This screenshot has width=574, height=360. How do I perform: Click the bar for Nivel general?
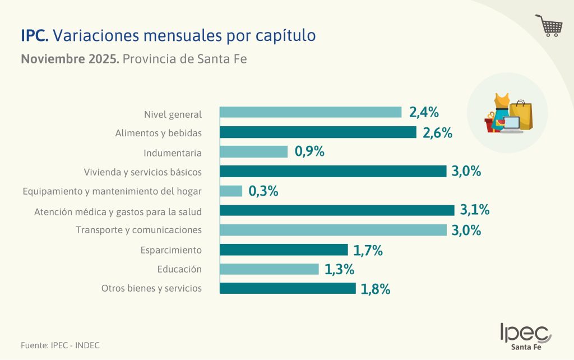(x=311, y=112)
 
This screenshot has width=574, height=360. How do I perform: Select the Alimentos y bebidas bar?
(x=318, y=132)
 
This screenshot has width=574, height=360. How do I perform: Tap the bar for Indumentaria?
(x=253, y=152)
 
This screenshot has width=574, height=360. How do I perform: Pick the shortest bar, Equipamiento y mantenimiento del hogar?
(x=231, y=191)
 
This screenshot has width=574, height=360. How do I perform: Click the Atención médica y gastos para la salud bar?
(x=337, y=210)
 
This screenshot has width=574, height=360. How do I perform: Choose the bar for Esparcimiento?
(x=284, y=250)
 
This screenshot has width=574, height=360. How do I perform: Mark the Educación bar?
(x=269, y=269)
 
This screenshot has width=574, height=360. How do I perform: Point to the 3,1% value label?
(x=475, y=210)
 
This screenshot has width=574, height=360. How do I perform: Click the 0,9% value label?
(x=309, y=152)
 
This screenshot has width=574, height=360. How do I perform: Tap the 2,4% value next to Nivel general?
(x=423, y=112)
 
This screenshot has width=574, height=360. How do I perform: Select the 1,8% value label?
(x=375, y=289)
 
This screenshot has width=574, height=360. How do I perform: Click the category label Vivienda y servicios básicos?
(x=142, y=172)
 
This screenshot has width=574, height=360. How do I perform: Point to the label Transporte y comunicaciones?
(x=138, y=230)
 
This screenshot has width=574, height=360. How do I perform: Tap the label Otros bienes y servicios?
(x=151, y=289)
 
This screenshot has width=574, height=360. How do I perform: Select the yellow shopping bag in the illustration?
(x=522, y=116)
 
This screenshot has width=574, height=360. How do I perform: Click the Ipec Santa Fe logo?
(x=525, y=336)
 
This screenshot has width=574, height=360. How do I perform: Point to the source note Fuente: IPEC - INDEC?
(x=56, y=345)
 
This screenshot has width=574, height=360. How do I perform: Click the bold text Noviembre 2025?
(x=70, y=58)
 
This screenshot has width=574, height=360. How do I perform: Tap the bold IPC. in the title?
(x=35, y=35)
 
